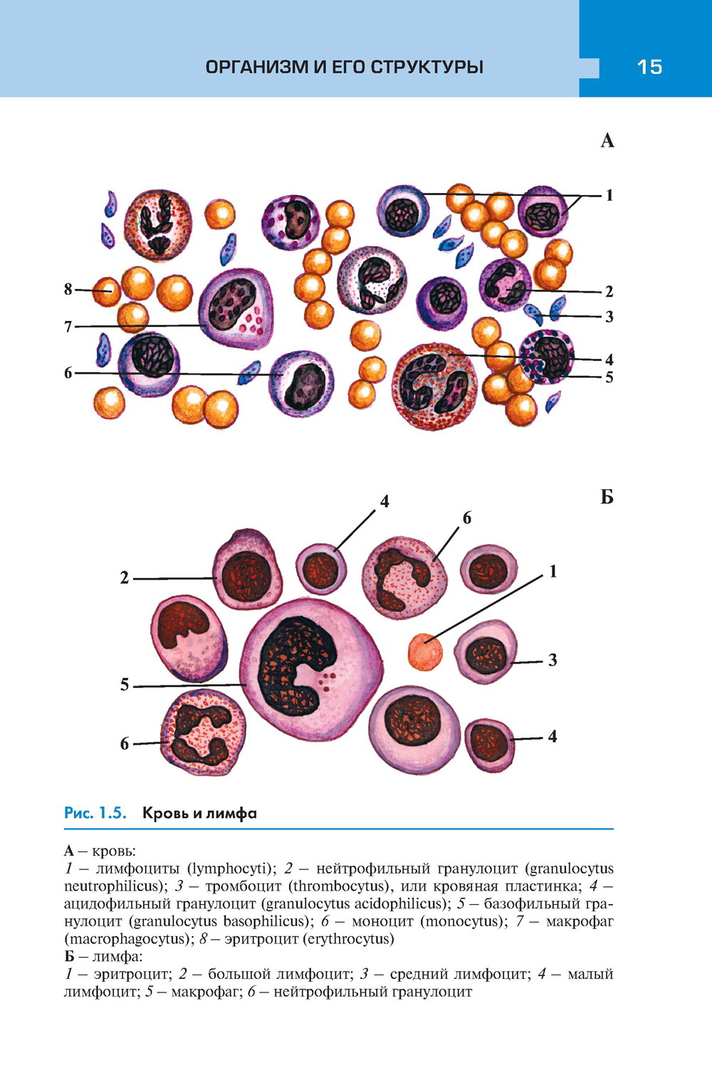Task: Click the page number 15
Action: [x=649, y=67]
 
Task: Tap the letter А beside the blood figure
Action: [x=607, y=141]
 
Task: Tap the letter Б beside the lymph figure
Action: [x=607, y=497]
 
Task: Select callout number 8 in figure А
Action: [x=68, y=289]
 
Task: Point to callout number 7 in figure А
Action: [x=68, y=327]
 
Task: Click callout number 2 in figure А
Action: [x=609, y=291]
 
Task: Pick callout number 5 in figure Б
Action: [x=125, y=685]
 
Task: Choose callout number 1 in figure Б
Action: [x=553, y=572]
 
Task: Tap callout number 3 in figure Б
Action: [x=553, y=661]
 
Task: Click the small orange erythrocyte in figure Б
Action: [x=425, y=651]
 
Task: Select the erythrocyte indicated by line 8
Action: [x=107, y=291]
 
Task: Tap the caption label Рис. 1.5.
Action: [x=95, y=813]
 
